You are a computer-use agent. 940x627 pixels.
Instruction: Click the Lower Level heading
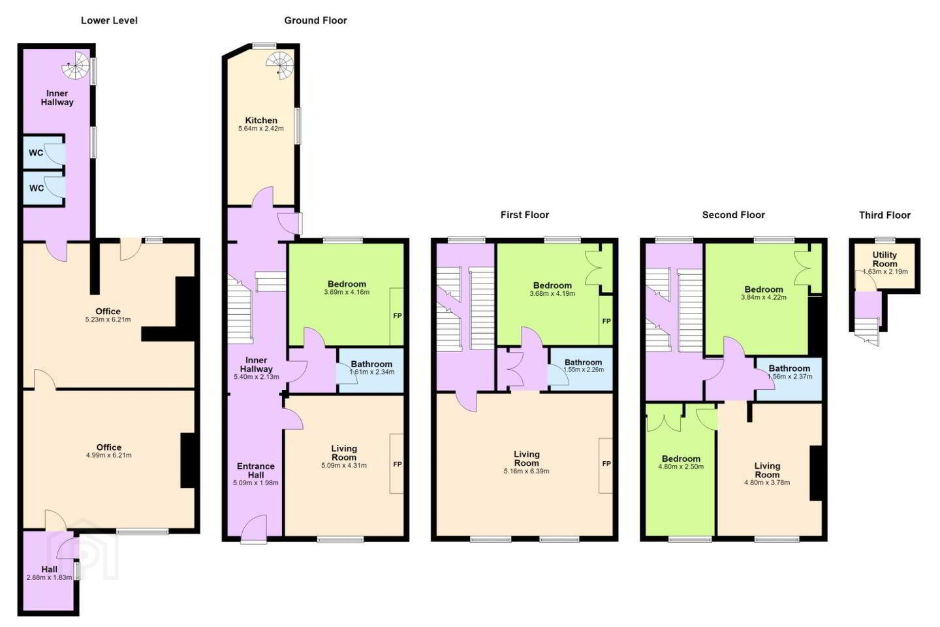click(x=109, y=21)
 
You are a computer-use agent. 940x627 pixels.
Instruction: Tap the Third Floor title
click(x=885, y=216)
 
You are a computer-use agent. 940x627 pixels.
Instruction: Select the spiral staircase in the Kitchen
click(x=280, y=65)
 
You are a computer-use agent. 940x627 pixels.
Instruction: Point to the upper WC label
click(x=36, y=153)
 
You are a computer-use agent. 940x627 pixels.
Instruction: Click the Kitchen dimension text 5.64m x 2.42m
click(x=261, y=129)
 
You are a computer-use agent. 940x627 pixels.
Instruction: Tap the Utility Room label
click(x=885, y=259)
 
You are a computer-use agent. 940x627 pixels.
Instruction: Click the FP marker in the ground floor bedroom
click(x=397, y=315)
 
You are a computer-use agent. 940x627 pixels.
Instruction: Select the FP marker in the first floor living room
click(x=606, y=464)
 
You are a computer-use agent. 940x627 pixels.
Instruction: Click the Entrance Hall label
click(x=256, y=470)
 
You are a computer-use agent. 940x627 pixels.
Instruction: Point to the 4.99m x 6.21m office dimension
click(x=108, y=455)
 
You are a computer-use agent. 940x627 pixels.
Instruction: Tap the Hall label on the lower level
click(x=50, y=570)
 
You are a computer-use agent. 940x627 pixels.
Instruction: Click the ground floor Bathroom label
click(x=371, y=364)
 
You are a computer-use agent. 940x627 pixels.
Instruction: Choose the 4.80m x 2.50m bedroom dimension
click(x=681, y=466)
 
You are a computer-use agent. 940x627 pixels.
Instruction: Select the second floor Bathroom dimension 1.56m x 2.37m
click(x=789, y=377)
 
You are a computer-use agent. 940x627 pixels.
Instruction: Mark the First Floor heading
click(x=525, y=215)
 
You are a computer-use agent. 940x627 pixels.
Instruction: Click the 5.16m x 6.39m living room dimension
click(x=526, y=471)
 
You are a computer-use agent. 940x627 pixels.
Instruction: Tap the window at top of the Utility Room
click(x=885, y=240)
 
